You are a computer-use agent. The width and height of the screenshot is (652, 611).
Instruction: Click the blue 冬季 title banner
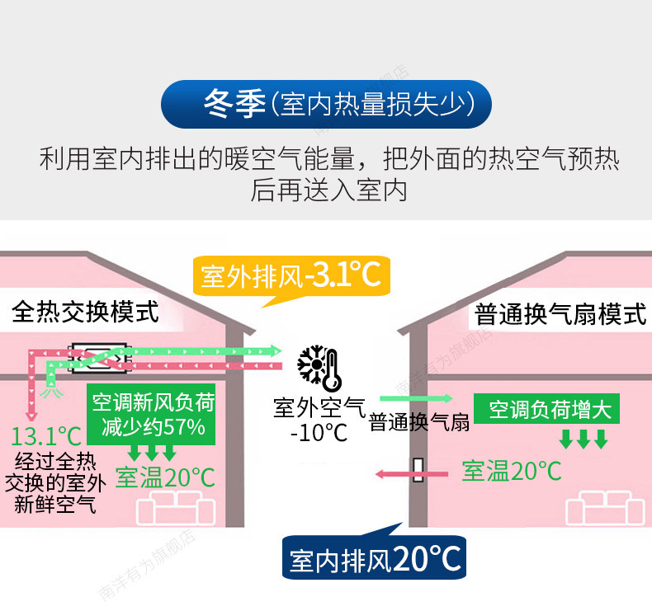coord(326,105)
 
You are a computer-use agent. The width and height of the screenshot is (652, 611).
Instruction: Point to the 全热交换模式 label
coord(85,312)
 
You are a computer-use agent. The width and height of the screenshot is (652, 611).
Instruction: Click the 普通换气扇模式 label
coord(560,314)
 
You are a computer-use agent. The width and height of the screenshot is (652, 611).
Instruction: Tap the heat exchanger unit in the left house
coord(100,355)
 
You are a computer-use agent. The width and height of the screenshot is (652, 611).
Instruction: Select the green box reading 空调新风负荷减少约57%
coord(153,415)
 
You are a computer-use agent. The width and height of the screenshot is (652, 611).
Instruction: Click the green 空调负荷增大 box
coord(550,410)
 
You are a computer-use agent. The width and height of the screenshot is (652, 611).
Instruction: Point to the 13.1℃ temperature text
coord(47,436)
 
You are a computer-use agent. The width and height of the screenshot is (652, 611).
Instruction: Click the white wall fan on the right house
coord(419,471)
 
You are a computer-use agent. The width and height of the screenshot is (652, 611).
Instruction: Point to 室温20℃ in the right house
coord(512,471)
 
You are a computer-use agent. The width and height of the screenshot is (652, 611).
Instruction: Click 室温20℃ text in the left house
coord(164,477)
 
